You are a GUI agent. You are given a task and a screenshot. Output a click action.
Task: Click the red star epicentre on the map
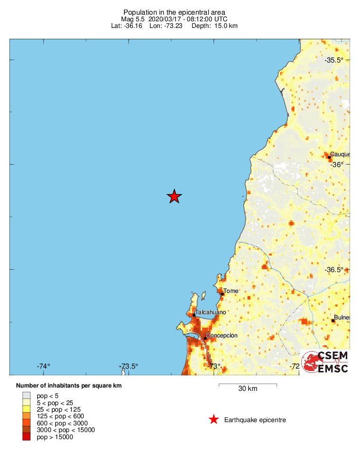[175, 196]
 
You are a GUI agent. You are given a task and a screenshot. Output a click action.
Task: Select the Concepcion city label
[221, 335]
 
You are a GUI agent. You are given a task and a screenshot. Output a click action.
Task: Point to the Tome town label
[231, 291]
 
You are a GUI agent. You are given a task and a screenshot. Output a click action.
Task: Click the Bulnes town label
[342, 318]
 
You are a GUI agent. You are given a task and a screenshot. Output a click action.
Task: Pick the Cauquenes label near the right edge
[340, 154]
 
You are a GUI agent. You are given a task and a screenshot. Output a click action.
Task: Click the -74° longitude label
[44, 366]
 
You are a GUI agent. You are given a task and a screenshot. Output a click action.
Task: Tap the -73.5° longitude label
[129, 366]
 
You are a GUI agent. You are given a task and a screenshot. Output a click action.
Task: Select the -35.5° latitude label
[334, 60]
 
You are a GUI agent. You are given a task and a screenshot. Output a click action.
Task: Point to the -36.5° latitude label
[334, 270]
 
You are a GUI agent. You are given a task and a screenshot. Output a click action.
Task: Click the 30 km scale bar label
[247, 389]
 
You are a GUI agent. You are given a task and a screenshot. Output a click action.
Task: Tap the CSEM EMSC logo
[325, 362]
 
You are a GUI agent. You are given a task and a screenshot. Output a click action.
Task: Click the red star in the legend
[214, 420]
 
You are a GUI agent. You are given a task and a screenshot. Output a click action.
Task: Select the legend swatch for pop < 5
[26, 396]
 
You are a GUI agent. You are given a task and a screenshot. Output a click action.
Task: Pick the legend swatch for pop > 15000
[26, 437]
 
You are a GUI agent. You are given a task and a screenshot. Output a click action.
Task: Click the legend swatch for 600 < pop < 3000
[26, 423]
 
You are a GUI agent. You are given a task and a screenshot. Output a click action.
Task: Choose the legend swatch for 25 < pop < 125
[26, 409]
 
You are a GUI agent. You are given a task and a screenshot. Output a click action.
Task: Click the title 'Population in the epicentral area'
[174, 12]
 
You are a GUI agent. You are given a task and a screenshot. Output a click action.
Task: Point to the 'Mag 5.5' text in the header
[132, 19]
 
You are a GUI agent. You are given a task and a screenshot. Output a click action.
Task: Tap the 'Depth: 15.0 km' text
[214, 26]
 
